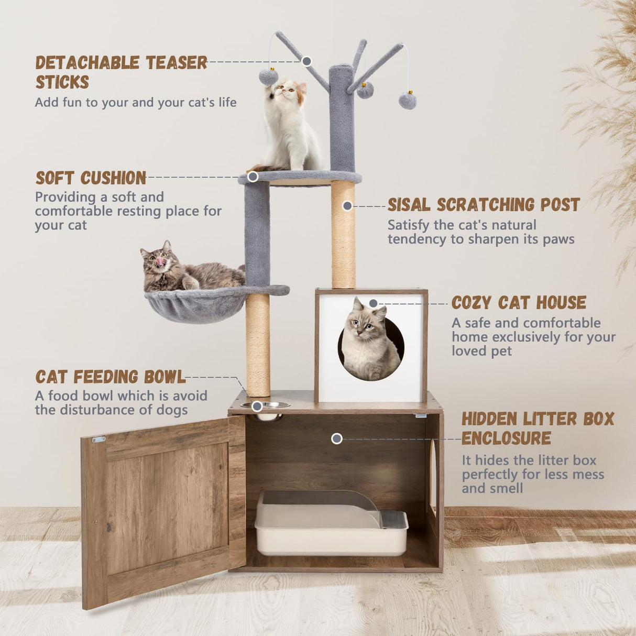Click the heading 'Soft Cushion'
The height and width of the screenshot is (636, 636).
[91, 178]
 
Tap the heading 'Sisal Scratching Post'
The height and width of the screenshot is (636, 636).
[483, 205]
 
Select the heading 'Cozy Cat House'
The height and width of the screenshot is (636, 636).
[519, 303]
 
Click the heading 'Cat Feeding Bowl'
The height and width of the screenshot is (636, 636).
[110, 377]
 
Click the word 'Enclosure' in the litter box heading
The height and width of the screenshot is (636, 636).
[506, 438]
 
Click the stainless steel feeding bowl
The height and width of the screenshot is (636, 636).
[266, 405]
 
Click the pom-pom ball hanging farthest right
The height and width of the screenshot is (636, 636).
[407, 100]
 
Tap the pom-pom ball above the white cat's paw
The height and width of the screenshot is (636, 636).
[268, 78]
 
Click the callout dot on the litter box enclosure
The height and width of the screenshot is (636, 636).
[337, 438]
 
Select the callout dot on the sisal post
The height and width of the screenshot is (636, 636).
[347, 206]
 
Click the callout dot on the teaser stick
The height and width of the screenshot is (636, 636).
[307, 61]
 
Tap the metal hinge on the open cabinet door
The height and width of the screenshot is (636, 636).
[98, 440]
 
